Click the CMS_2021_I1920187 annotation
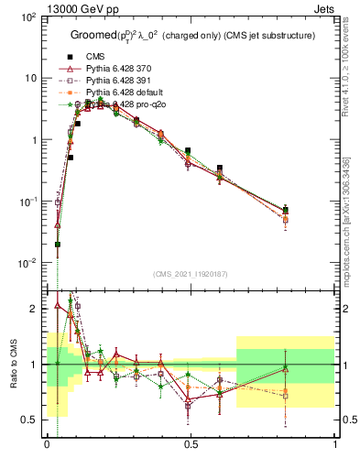(x=191, y=275)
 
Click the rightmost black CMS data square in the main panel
(x=286, y=210)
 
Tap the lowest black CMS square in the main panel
(x=58, y=245)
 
